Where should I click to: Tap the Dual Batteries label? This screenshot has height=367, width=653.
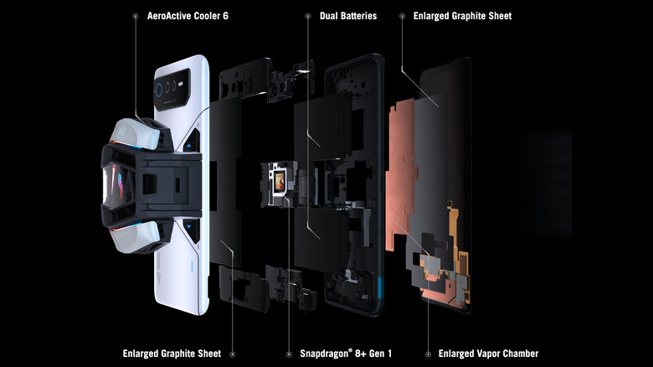tap(348, 16)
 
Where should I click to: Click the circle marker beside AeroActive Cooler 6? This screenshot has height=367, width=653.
tap(136, 16)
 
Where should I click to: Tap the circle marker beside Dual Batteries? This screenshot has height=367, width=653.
tap(306, 16)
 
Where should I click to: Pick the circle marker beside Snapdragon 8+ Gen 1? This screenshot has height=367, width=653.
tap(289, 354)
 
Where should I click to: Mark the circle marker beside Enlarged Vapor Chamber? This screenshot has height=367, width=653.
tap(427, 354)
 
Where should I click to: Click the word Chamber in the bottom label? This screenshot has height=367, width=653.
tap(517, 354)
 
